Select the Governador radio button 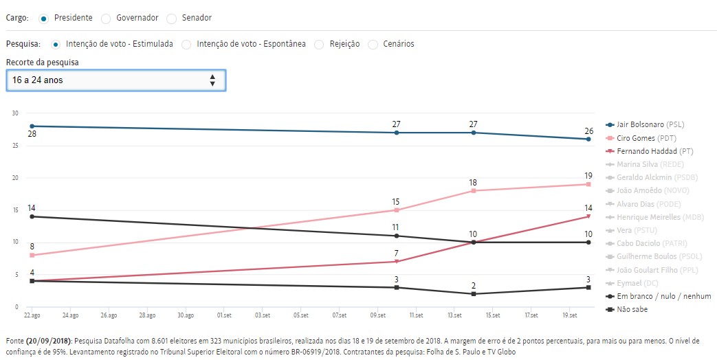pos(106,18)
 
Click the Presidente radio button pos(43,18)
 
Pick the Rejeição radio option pos(319,44)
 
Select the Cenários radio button pos(373,44)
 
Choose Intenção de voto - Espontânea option pos(187,44)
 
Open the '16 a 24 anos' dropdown pos(115,80)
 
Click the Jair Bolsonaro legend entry pos(650,124)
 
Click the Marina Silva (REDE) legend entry pos(650,164)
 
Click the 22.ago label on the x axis pos(32,316)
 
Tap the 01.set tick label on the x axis pos(223,316)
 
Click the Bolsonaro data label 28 pos(32,135)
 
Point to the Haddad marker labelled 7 pos(397,262)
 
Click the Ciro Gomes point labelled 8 pos(32,255)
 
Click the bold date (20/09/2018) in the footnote pos(49,341)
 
